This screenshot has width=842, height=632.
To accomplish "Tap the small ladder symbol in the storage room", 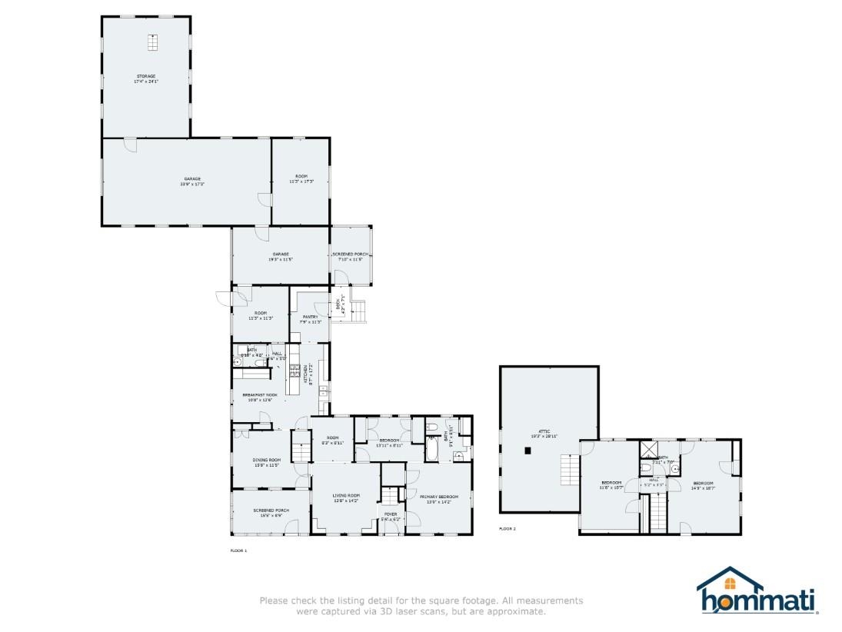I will tap(152, 43).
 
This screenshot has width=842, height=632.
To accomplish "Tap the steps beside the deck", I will tap(358, 312).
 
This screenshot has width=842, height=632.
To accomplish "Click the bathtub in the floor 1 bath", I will tap(431, 447).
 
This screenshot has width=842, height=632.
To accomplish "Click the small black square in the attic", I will tap(527, 451).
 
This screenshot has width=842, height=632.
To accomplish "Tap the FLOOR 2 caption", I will tap(508, 529).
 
